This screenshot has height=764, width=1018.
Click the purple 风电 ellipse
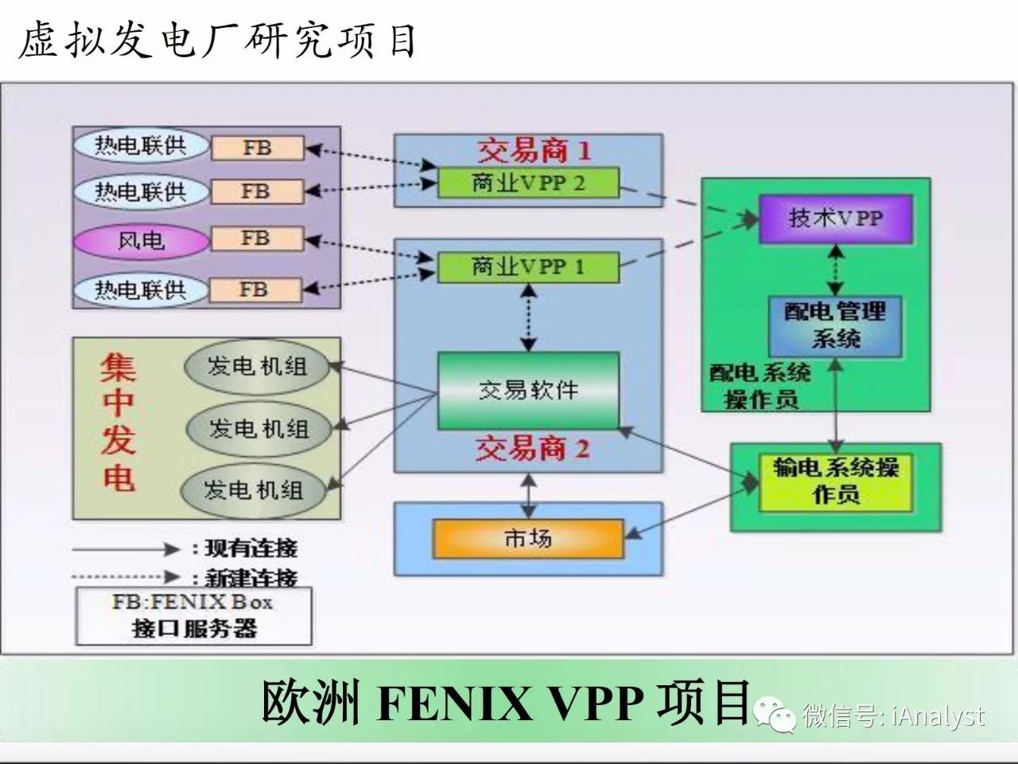point(141,240)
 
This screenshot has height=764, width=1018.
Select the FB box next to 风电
point(256,239)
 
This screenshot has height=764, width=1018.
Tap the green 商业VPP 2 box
point(527,183)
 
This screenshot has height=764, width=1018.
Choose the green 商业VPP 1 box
point(527,267)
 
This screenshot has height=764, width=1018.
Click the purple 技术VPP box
point(836,218)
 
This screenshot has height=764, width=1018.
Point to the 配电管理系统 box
point(835,325)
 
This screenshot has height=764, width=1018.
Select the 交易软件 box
point(528,390)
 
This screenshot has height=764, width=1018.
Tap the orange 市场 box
point(527,539)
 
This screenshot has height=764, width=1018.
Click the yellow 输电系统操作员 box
point(835,482)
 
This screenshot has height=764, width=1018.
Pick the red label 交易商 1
point(534,150)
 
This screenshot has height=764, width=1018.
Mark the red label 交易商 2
point(532,450)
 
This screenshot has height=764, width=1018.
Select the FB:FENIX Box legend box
point(193,615)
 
